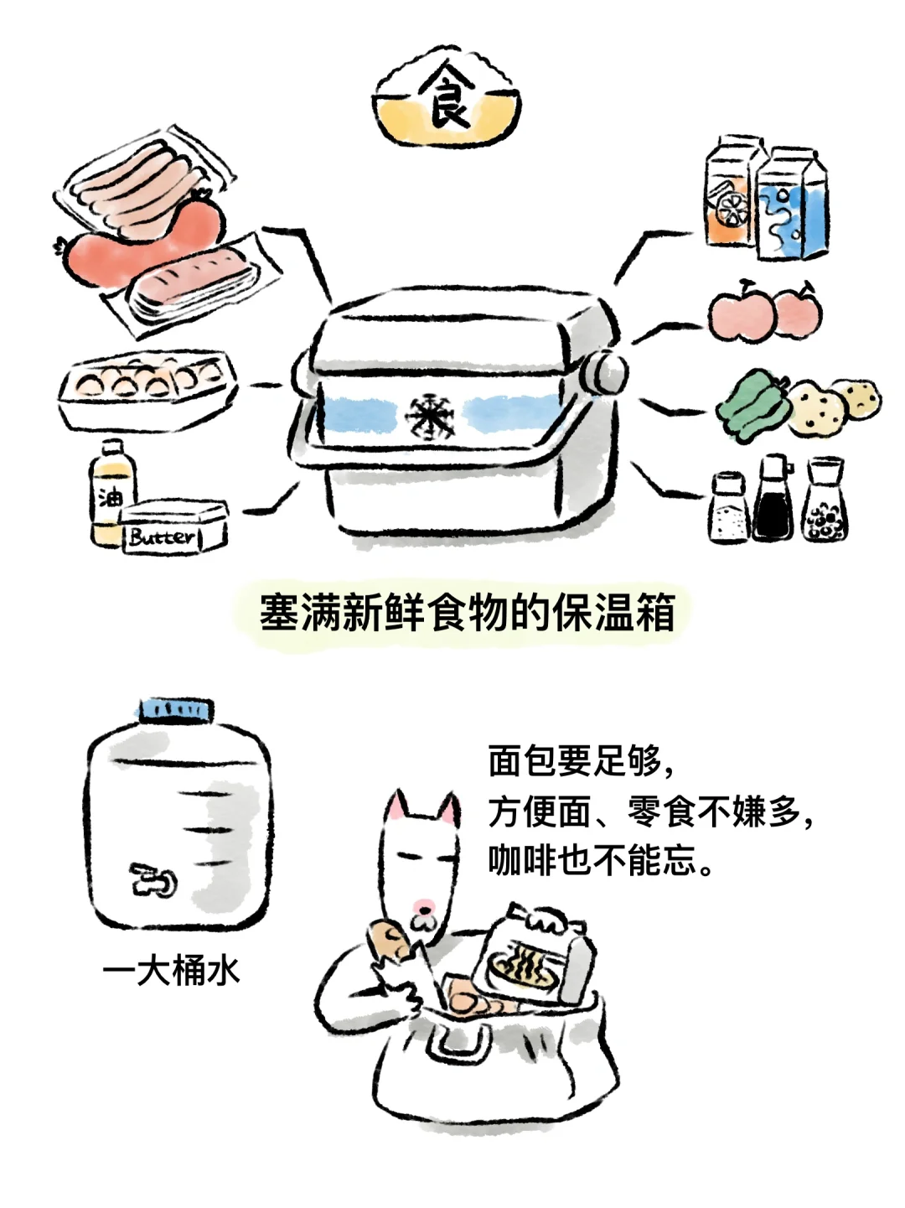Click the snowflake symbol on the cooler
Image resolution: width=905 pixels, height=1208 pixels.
431,415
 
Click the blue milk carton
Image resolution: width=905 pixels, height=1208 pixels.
792,205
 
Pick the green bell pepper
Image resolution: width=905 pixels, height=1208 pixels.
752,406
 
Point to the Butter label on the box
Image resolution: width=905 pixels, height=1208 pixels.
162,537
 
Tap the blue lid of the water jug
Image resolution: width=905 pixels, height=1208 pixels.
176,710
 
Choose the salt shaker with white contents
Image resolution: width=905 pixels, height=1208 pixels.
729,508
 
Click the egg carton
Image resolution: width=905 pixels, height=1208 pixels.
147,388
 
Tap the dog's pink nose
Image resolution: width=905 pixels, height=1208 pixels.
423,905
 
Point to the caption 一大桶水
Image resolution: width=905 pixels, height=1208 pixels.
171,972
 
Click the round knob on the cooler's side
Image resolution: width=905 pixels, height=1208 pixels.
608,371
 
